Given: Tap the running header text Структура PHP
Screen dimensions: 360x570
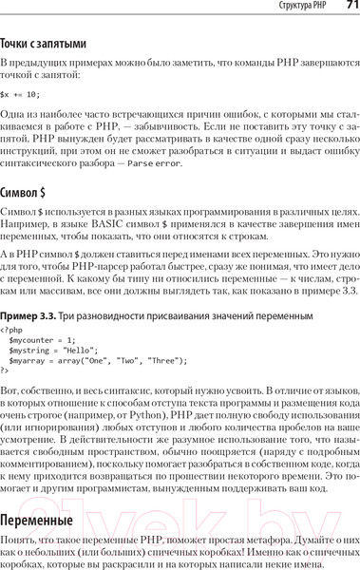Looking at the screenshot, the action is [x=299, y=9].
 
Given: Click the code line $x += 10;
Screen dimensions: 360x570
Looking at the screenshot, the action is [x=20, y=93].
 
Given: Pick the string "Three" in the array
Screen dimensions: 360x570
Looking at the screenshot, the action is [x=166, y=360].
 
